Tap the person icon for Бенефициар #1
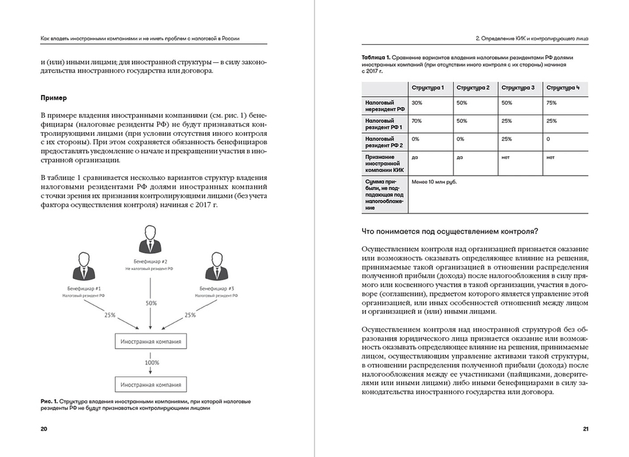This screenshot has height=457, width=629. click(x=85, y=267)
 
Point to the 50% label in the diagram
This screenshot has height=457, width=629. click(x=151, y=303)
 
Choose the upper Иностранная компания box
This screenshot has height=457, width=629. click(x=150, y=342)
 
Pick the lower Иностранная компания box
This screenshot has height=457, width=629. click(x=150, y=383)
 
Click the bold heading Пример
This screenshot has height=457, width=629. click(x=53, y=98)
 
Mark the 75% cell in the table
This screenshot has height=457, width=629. click(x=552, y=102)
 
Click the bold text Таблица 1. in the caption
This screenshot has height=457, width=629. click(x=377, y=57)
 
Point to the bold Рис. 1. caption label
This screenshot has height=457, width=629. click(x=48, y=400)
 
